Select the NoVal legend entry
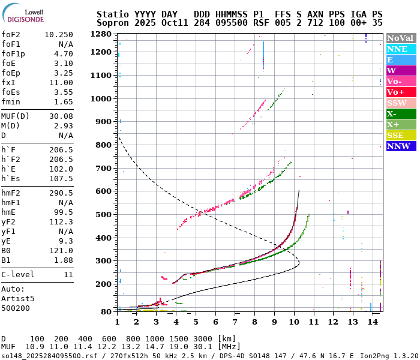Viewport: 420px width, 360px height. [401, 38]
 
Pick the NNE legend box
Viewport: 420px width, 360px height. [401, 49]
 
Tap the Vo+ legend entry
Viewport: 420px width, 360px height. [401, 92]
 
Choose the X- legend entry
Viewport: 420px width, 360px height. [401, 113]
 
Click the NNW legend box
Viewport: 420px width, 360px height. [401, 146]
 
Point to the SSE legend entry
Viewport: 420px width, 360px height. [401, 135]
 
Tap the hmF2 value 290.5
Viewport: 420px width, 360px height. [61, 193]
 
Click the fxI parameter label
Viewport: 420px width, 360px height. [8, 82]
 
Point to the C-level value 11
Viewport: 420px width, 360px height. [68, 274]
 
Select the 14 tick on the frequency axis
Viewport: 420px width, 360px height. [373, 322]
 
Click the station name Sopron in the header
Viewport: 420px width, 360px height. [113, 22]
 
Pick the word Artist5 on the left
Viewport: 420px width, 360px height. [18, 298]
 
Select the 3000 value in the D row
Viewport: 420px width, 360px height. [203, 339]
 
